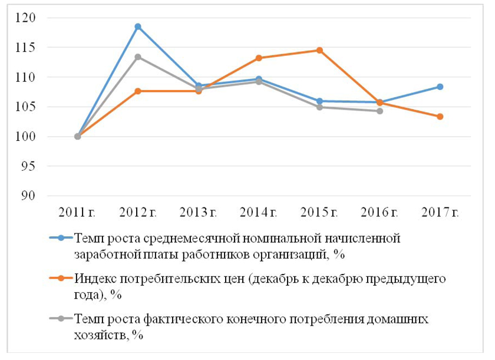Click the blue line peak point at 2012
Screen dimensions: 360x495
tap(138, 27)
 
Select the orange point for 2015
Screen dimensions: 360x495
tap(319, 50)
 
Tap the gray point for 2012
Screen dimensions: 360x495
tap(138, 57)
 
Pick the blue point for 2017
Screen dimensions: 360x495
tap(440, 87)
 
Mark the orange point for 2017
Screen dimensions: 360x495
tap(440, 117)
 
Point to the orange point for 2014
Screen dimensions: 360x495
tap(259, 58)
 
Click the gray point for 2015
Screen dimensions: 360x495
tap(319, 107)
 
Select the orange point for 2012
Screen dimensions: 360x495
tap(138, 91)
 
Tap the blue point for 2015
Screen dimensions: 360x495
tap(319, 101)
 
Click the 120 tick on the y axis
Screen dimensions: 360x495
tap(27, 18)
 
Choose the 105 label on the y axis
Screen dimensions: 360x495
tap(27, 107)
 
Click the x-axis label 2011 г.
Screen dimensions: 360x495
tap(77, 212)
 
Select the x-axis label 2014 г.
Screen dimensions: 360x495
tap(259, 212)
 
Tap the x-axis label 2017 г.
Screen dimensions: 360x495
tap(440, 212)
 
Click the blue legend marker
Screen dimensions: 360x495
tap(60, 239)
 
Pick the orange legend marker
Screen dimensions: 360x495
tap(60, 278)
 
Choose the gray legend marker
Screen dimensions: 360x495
tap(60, 319)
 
